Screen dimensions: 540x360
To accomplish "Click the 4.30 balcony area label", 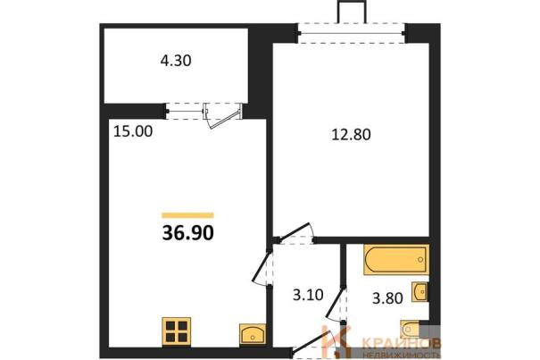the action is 176,61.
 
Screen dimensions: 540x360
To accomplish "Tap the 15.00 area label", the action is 133,131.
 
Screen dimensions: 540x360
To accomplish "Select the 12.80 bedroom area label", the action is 351,134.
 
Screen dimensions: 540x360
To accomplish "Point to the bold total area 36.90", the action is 188,233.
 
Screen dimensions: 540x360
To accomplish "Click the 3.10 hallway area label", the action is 308,295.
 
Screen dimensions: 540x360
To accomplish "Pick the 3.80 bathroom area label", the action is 387,298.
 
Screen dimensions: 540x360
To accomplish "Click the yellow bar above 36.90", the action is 188,215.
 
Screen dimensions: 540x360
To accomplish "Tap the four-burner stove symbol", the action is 177,331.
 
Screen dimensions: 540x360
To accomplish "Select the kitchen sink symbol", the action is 253,334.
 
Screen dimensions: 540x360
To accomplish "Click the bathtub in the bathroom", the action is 396,260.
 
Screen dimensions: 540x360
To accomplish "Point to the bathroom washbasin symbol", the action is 420,292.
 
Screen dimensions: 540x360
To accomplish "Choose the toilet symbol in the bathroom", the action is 410,329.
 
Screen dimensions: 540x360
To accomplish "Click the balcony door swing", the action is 222,116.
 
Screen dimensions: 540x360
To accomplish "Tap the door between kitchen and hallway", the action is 262,267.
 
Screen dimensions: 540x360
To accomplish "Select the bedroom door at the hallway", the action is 295,233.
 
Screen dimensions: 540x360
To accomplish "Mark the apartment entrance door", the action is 312,342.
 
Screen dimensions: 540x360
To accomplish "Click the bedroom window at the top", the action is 352,33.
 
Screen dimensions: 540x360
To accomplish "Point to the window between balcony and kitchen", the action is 185,111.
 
